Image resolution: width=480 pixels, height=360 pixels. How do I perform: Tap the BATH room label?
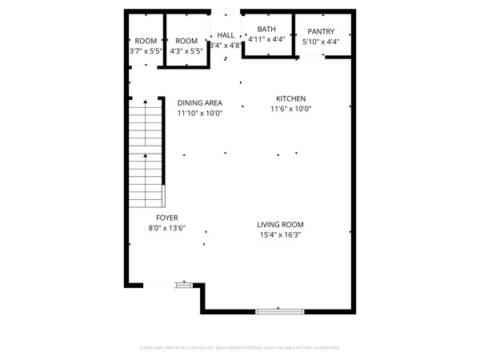pyautogui.click(x=266, y=29)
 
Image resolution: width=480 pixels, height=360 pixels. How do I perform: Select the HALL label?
pyautogui.click(x=226, y=35)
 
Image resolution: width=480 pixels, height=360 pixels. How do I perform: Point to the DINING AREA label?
pyautogui.click(x=199, y=103)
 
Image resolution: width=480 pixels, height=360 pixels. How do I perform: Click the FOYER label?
pyautogui.click(x=166, y=218)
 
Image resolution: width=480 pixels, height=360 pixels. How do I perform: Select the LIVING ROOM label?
pyautogui.click(x=280, y=225)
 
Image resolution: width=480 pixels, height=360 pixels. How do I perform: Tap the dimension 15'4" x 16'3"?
pyautogui.click(x=280, y=235)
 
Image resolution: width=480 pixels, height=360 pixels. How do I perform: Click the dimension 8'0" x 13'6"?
pyautogui.click(x=166, y=228)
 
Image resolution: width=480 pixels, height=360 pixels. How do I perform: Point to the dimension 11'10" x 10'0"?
pyautogui.click(x=199, y=114)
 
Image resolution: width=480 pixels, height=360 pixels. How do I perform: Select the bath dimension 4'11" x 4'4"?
pyautogui.click(x=266, y=39)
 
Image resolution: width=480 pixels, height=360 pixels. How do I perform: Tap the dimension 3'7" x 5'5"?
pyautogui.click(x=146, y=51)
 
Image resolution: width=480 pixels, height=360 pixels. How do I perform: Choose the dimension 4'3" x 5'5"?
pyautogui.click(x=186, y=51)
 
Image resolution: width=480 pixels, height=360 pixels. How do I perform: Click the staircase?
pyautogui.click(x=146, y=152)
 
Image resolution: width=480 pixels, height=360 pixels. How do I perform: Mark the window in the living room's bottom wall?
pyautogui.click(x=279, y=310)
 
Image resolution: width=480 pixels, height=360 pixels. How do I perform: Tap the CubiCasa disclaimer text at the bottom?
pyautogui.click(x=240, y=348)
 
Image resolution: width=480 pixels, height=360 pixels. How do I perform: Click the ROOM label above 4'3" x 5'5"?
pyautogui.click(x=186, y=41)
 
